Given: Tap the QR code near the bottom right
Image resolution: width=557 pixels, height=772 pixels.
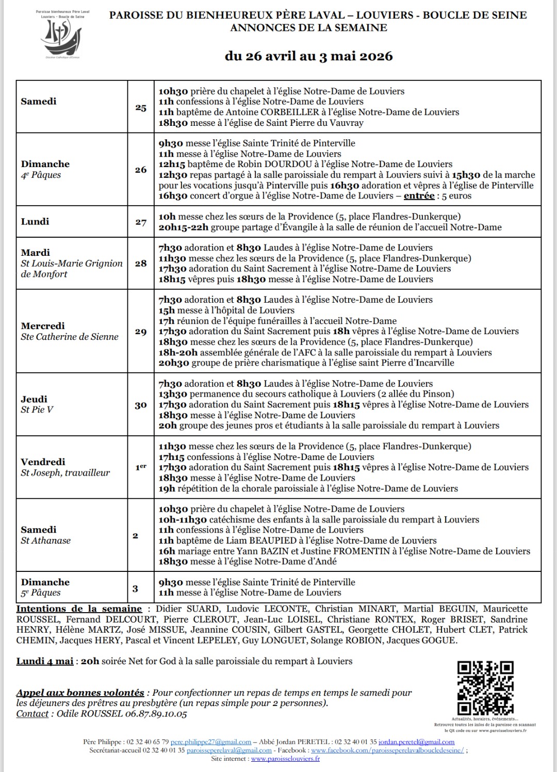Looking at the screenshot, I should (485, 688).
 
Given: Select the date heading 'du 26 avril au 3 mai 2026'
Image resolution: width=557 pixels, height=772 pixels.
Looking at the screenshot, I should (308, 56).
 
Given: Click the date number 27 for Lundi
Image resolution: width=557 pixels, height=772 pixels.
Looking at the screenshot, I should (141, 222).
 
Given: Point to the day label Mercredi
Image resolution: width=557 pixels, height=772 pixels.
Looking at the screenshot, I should (43, 326).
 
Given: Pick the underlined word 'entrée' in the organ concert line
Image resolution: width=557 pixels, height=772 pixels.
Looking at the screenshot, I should (419, 195).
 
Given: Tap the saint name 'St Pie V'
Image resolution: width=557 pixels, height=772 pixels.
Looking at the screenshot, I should (37, 410).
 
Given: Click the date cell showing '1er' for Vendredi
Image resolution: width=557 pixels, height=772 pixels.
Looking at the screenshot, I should (141, 467).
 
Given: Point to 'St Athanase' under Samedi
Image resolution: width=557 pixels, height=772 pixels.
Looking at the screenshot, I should (46, 540).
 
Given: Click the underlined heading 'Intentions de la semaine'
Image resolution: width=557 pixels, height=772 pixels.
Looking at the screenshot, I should (79, 609).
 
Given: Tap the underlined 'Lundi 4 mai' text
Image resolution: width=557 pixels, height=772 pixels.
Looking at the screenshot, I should (45, 661).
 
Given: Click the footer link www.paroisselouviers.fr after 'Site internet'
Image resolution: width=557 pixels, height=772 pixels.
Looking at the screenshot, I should (285, 759).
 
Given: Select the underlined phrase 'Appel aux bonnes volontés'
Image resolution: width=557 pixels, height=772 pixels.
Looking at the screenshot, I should (80, 693).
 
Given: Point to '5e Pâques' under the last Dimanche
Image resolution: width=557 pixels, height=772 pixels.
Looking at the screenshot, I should (41, 593).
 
